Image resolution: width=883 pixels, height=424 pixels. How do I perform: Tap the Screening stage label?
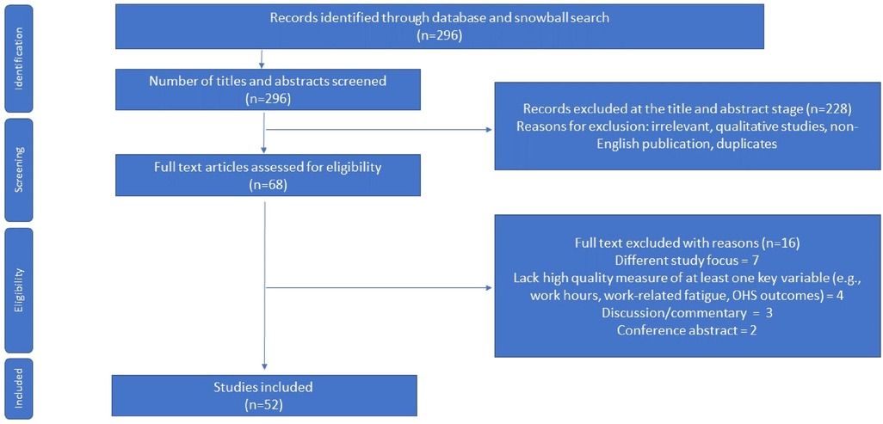click(x=19, y=170)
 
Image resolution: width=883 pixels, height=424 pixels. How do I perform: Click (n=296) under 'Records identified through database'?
click(x=439, y=35)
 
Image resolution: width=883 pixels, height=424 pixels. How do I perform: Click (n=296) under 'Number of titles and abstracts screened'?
click(x=267, y=99)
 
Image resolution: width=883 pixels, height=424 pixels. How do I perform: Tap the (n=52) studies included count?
click(x=264, y=403)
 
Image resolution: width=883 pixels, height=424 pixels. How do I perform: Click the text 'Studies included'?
click(x=264, y=387)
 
